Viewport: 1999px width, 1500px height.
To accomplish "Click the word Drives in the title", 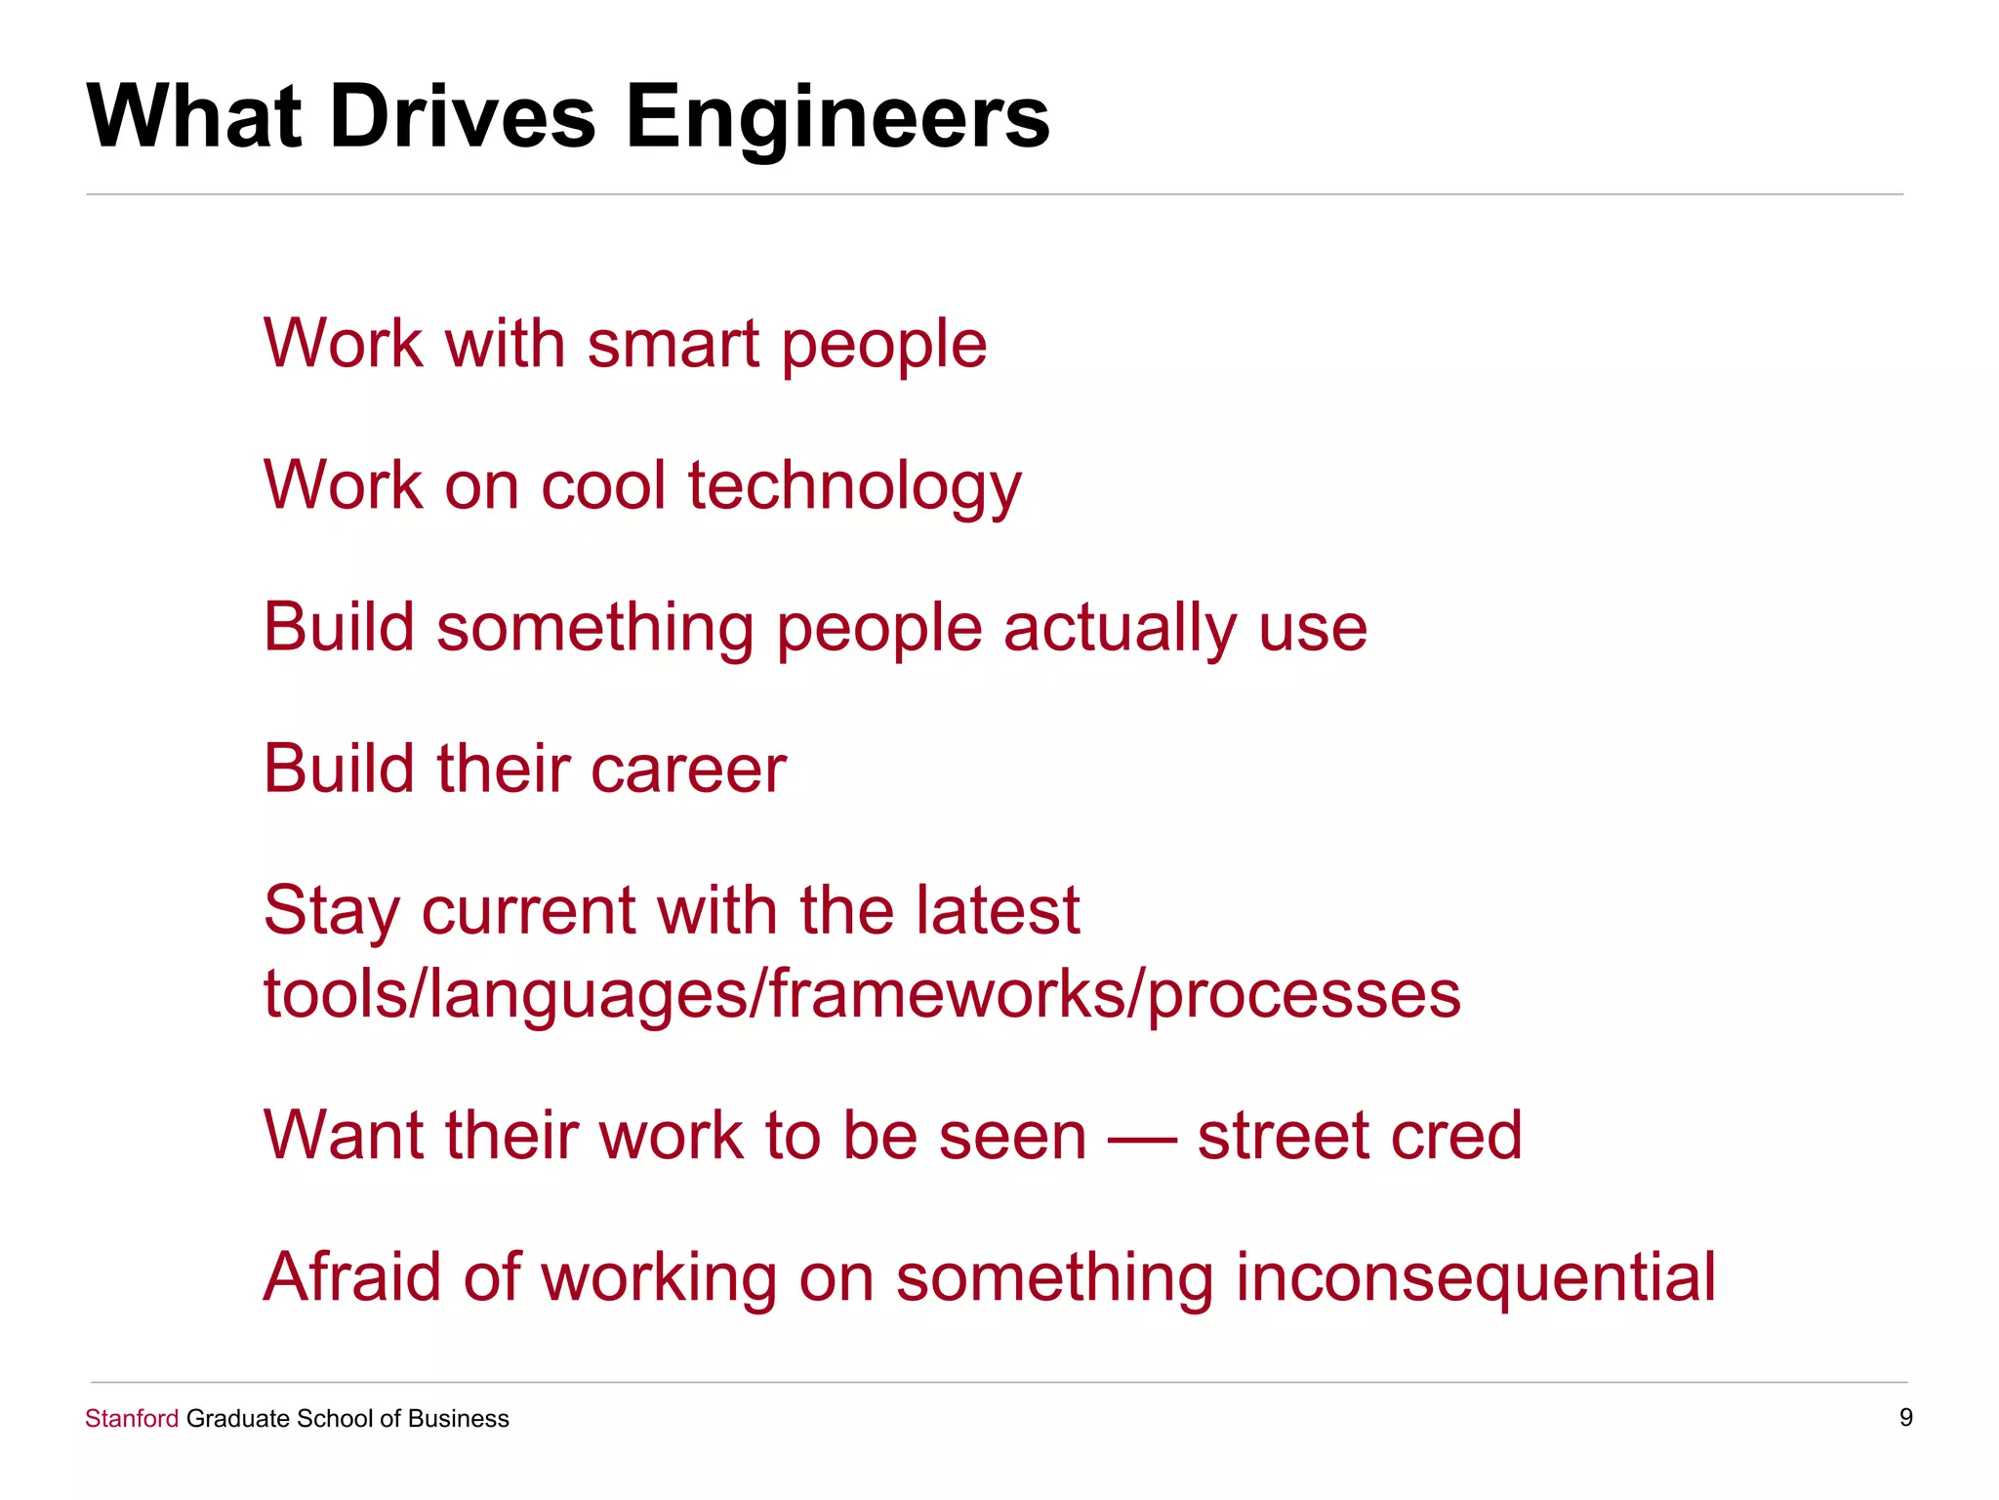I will (462, 117).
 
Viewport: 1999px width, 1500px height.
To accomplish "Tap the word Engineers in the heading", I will (836, 117).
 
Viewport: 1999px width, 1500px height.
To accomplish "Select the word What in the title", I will (194, 117).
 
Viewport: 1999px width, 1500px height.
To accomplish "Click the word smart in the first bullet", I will (673, 345).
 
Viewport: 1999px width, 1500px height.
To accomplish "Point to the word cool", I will (603, 485).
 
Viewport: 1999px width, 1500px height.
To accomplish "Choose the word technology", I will (854, 487).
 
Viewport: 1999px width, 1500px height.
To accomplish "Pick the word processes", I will (1304, 996).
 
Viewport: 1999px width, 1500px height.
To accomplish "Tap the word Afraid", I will (351, 1277).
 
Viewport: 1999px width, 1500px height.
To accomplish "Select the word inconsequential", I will (1475, 1278).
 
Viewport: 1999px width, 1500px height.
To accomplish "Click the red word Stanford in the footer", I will (132, 1419).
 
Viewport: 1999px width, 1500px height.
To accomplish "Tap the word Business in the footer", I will (458, 1419).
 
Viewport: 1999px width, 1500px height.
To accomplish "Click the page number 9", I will (1905, 1418).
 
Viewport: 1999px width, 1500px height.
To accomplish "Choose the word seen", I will (1011, 1137).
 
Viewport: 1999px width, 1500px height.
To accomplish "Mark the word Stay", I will (332, 912).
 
